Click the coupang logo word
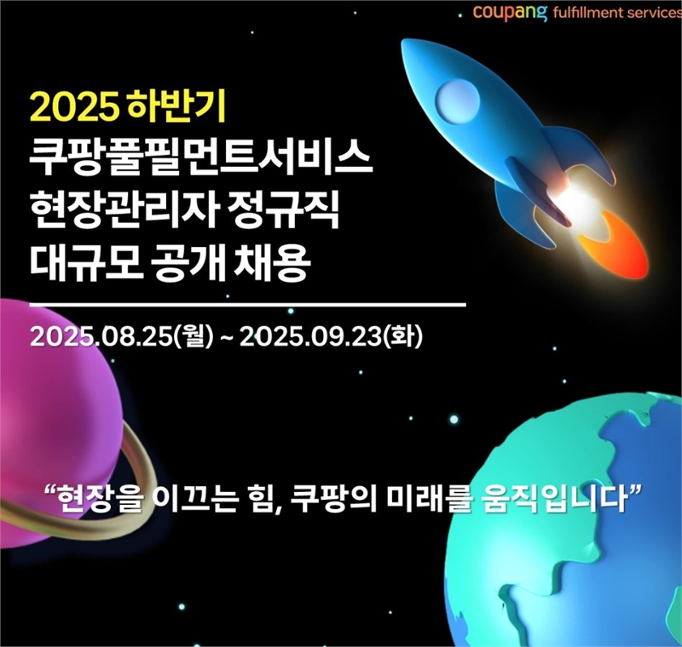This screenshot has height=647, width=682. point(510,12)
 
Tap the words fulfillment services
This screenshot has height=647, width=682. point(616,12)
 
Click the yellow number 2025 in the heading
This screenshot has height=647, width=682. point(74,106)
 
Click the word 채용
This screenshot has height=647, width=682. point(272,264)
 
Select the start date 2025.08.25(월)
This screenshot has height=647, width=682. point(122,336)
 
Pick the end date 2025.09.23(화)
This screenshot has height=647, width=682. point(331,336)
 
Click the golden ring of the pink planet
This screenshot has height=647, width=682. point(130,500)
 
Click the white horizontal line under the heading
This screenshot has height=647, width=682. point(247,306)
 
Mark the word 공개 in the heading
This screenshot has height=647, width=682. point(188,264)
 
